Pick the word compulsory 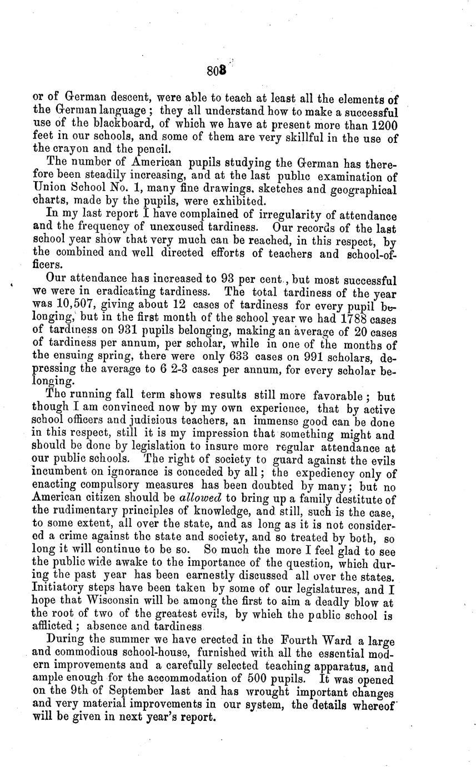click(x=95, y=485)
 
